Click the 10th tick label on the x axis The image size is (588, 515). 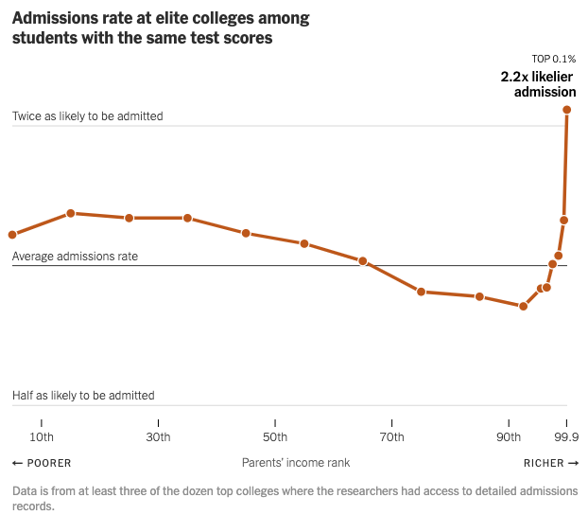42,437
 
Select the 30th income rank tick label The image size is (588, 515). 158,437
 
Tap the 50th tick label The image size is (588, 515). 275,437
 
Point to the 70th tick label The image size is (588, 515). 391,437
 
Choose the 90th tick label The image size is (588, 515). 509,437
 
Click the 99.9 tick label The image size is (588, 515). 565,437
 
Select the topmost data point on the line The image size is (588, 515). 567,110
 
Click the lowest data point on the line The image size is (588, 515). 523,306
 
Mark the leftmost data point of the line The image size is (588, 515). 12,235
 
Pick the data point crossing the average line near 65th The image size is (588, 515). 363,261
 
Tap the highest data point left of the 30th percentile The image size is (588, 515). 71,214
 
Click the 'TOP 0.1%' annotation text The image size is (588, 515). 554,59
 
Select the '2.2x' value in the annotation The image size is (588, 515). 516,77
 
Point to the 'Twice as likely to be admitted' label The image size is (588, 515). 88,116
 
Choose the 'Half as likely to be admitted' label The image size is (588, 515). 83,396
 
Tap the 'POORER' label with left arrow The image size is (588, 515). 42,463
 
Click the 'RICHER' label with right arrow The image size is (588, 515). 551,463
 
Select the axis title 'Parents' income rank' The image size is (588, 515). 296,463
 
